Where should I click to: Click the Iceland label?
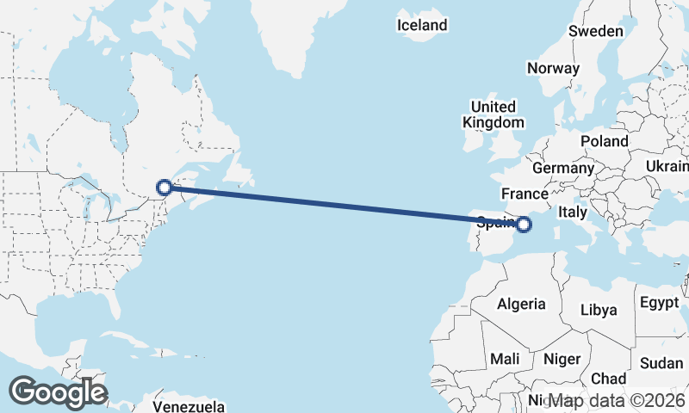(422, 25)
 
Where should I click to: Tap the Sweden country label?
(595, 31)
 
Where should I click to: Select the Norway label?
(554, 68)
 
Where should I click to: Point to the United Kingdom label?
(493, 114)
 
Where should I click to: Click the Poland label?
(604, 141)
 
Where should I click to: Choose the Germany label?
(563, 168)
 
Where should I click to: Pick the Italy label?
(573, 211)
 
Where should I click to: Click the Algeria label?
(520, 304)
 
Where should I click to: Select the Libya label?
(599, 310)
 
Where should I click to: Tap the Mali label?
(505, 358)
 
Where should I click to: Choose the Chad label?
(609, 379)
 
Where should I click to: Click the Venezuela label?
(189, 405)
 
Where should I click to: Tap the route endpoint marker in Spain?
(524, 225)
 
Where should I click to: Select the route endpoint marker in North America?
(164, 187)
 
